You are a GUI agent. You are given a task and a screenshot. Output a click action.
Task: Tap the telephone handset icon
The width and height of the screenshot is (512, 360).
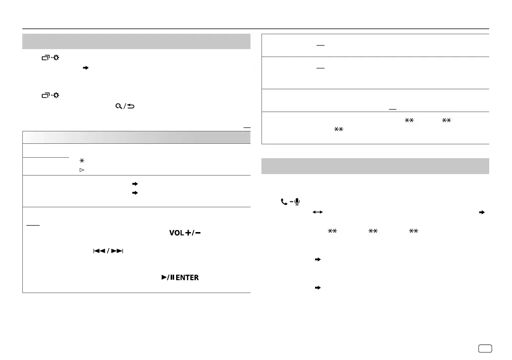[x=284, y=202]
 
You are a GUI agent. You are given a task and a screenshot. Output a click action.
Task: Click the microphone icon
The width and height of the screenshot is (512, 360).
[x=296, y=202]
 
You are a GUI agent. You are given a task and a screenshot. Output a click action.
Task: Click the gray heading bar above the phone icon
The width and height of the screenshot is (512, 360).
[x=375, y=167]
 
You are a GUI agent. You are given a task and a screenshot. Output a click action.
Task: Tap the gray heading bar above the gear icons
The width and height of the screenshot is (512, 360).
[x=136, y=41]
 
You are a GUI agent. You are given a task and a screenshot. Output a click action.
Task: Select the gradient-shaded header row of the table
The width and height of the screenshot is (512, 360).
[x=136, y=137]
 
